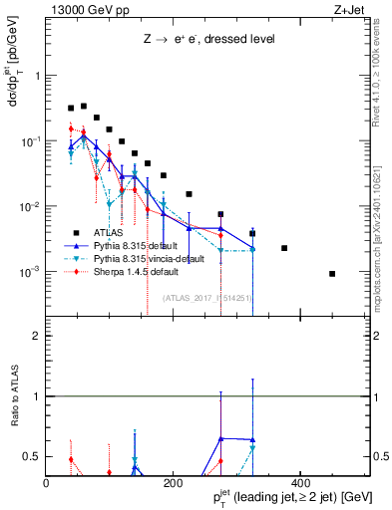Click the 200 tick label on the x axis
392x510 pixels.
[172, 483]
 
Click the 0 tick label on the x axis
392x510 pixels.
[46, 483]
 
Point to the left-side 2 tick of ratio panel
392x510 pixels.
[36, 336]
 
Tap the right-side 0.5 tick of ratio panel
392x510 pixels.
[379, 457]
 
